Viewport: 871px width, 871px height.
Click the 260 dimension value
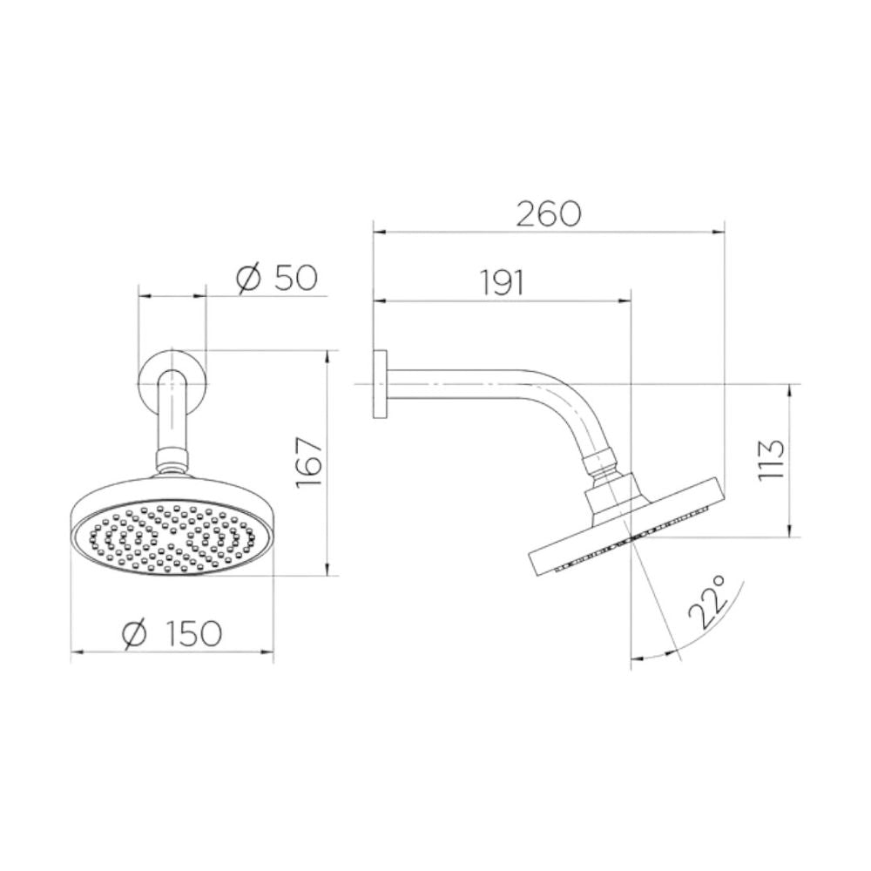pos(548,214)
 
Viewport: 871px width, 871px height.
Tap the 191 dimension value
pos(502,283)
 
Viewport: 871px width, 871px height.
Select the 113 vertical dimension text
pos(771,459)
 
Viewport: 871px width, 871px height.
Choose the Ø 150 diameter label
pos(172,633)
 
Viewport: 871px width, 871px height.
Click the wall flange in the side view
pos(380,384)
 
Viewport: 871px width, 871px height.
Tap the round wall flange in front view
pos(172,383)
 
